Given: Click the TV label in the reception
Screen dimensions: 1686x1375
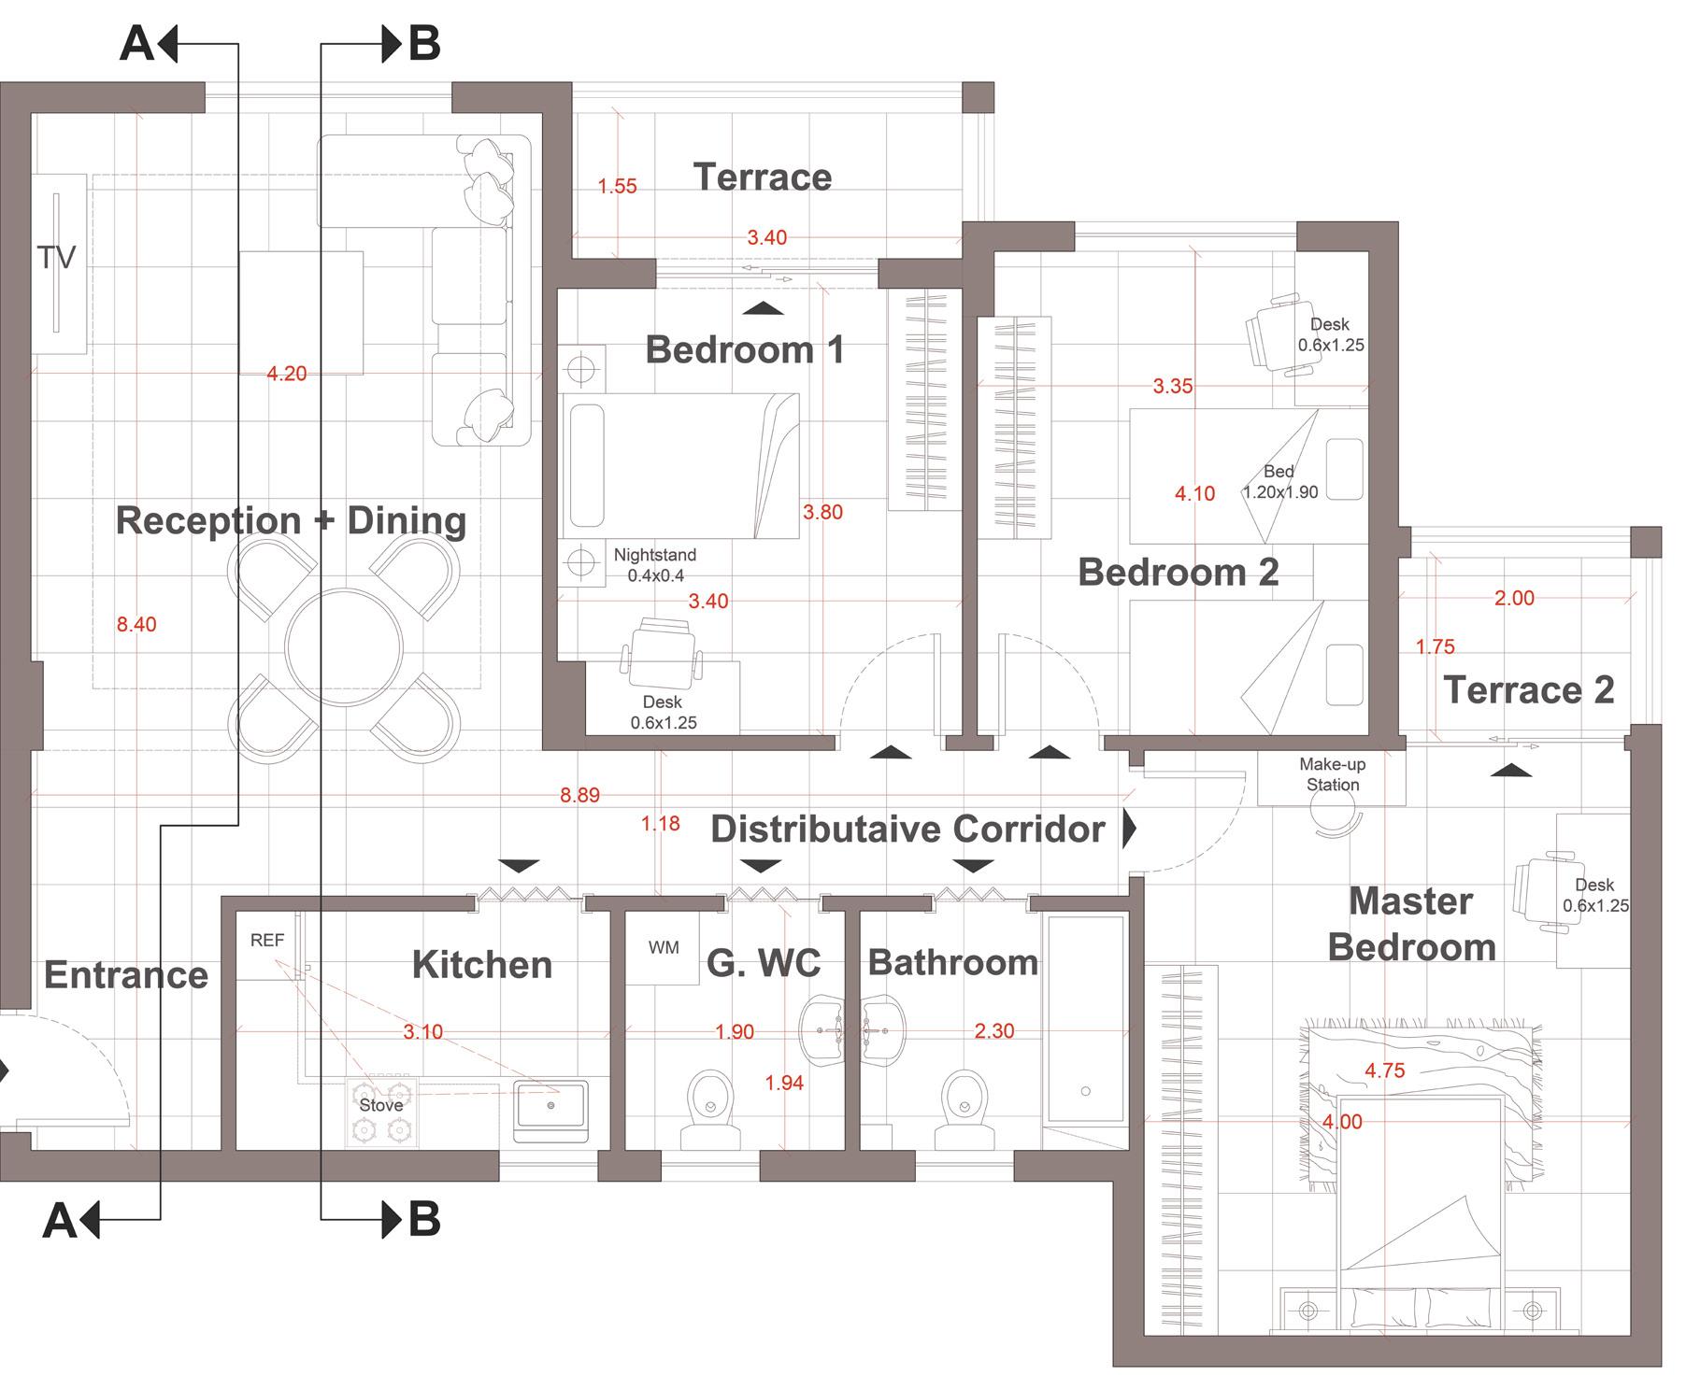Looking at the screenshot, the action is [x=56, y=257].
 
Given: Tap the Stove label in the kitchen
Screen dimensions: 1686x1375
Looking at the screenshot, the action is [x=381, y=1105].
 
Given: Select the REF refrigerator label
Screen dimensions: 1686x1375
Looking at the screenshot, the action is [x=267, y=941].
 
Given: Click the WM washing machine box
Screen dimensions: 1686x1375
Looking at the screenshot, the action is [x=662, y=948].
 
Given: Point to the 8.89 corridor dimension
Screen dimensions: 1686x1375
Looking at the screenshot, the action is [x=579, y=795].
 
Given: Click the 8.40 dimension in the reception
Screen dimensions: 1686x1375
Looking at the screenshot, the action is [x=136, y=624].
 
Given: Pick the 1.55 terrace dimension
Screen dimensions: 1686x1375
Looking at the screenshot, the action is [x=618, y=186].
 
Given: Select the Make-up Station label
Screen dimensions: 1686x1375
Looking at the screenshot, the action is [x=1333, y=774].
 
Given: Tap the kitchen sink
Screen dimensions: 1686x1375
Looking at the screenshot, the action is [x=550, y=1112].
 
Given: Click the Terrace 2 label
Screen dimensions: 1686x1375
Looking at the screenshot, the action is [x=1529, y=689].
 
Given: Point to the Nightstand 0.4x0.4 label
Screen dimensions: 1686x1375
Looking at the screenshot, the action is [x=655, y=565].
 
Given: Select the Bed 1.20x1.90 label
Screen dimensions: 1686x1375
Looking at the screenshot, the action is [x=1279, y=482].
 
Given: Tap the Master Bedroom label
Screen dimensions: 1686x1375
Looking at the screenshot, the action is [x=1412, y=924].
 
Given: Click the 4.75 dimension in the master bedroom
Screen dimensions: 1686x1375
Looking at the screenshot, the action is [x=1384, y=1070].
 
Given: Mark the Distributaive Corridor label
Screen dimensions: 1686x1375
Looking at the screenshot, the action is [x=907, y=829].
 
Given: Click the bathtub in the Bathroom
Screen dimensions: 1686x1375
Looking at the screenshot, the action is [x=1085, y=1019].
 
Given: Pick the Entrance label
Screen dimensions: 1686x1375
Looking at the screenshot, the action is [x=126, y=975].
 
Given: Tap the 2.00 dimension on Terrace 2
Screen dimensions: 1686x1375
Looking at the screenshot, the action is [x=1514, y=598].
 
